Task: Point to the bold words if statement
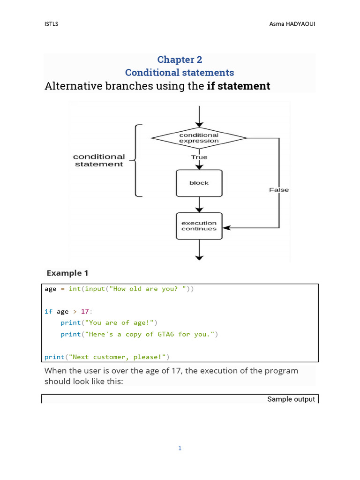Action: [238, 86]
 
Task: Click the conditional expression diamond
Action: [199, 138]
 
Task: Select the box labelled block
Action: [199, 183]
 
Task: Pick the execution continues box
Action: [199, 226]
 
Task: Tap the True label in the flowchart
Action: [199, 157]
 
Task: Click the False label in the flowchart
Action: [279, 190]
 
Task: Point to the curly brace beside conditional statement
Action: [135, 160]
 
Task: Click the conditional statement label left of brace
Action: [99, 160]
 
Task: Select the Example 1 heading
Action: [67, 273]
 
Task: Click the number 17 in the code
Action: [84, 311]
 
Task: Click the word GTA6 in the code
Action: [167, 334]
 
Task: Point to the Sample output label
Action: [291, 399]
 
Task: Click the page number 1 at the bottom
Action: [180, 449]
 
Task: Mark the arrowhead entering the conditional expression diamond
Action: [200, 124]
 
